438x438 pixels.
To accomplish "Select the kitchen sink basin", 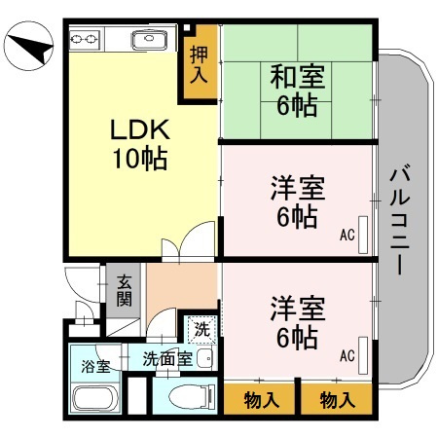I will [153, 42].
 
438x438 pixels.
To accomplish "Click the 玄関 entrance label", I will [125, 290].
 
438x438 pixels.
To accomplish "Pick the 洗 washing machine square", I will [201, 330].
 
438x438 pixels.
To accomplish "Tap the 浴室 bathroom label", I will [94, 367].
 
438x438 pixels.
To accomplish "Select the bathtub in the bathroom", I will [94, 399].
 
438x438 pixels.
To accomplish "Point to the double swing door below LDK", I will [189, 244].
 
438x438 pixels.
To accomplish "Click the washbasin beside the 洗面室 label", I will [203, 359].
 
